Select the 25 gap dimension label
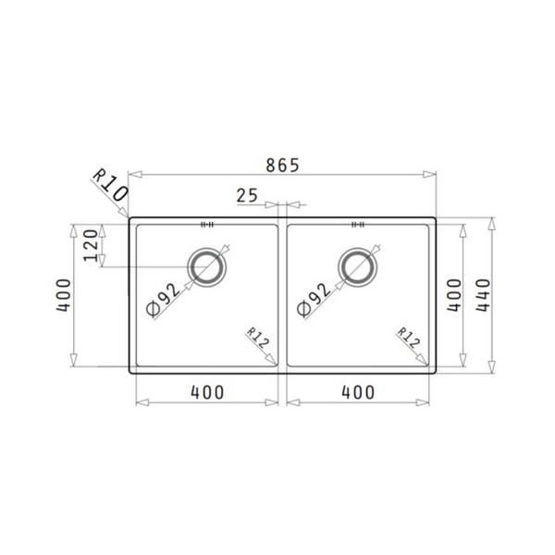247,194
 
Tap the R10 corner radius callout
108,186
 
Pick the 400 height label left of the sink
62,294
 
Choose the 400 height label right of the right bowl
453,294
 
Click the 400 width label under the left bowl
207,392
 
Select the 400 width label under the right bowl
358,392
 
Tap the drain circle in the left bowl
207,267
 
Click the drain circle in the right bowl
358,267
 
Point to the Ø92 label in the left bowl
164,301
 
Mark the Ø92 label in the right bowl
314,301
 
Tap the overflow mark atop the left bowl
207,223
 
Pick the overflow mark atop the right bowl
358,223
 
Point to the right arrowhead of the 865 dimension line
431,174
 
